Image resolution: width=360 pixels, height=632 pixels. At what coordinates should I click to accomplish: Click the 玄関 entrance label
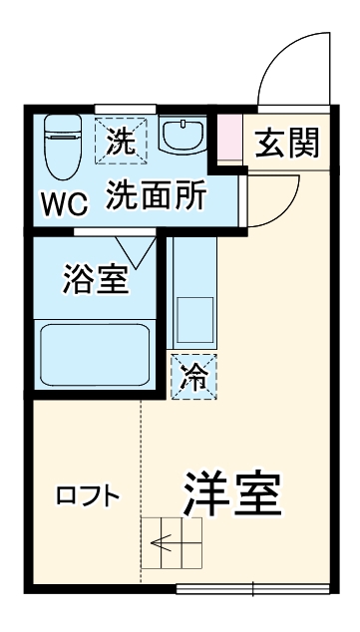tap(287, 144)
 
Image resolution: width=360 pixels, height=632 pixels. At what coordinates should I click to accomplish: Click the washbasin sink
tap(182, 138)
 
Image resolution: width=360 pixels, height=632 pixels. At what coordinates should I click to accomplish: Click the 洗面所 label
tap(157, 194)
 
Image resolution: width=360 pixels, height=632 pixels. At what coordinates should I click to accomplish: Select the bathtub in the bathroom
tap(96, 357)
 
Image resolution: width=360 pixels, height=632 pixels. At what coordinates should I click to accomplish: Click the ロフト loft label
tap(88, 495)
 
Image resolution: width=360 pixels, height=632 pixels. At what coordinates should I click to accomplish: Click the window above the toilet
tap(126, 108)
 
